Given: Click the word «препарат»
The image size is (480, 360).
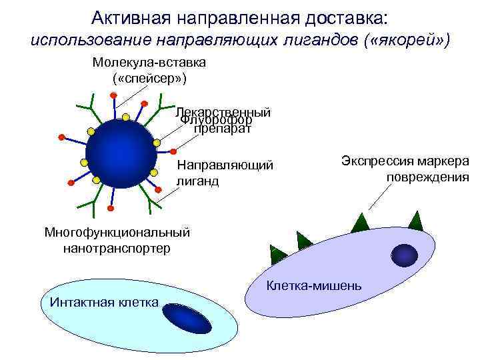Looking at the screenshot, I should [223, 129].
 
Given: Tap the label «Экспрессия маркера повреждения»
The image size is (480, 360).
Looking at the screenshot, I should [405, 169].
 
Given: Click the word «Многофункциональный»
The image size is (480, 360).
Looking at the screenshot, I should [117, 233].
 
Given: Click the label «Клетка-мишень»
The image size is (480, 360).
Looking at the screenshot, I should [314, 286].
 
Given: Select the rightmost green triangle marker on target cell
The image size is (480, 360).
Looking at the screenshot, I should [416, 221].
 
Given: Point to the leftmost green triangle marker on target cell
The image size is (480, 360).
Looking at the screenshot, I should [277, 252].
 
